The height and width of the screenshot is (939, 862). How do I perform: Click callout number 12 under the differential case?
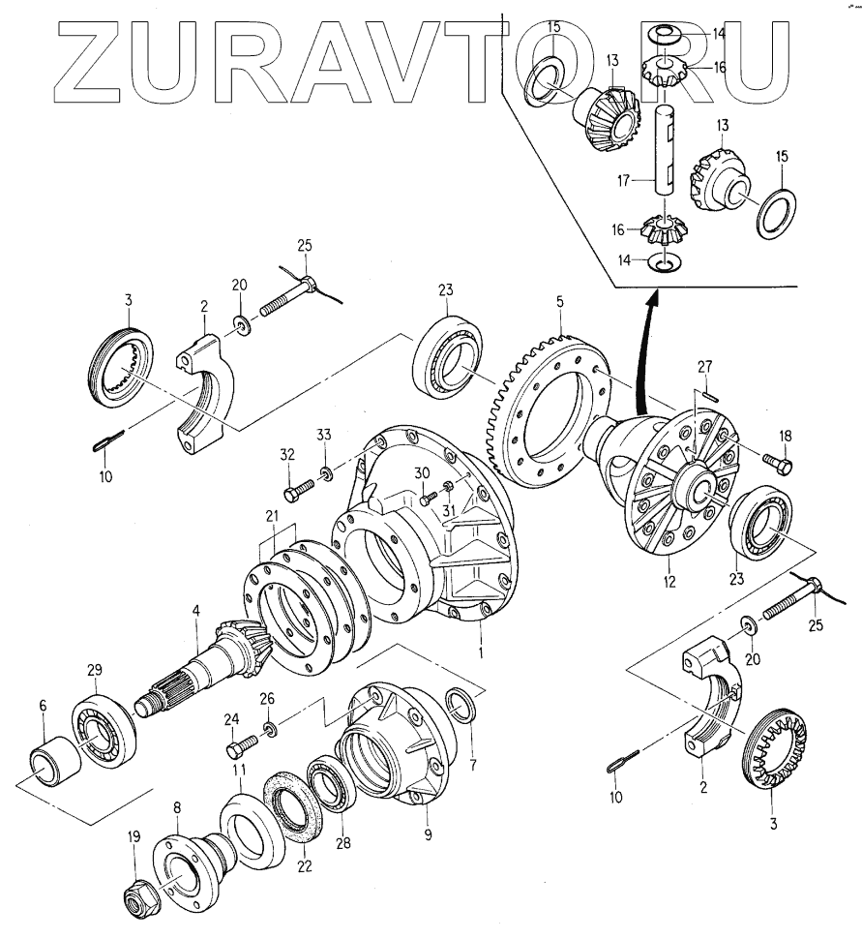click(669, 583)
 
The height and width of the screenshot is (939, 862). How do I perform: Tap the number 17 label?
click(624, 180)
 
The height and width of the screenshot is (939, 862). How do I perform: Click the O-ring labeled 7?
click(461, 706)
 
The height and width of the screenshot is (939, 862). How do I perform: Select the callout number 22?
click(305, 866)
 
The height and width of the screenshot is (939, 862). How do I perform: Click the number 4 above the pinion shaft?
click(195, 611)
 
